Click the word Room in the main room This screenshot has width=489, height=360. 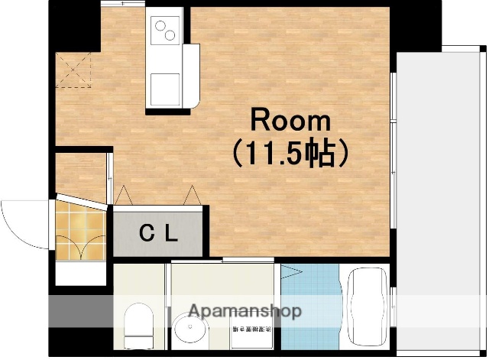[x=291, y=121]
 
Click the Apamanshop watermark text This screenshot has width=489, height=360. [x=244, y=312]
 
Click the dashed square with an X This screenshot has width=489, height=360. [x=73, y=70]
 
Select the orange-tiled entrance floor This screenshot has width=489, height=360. [x=79, y=229]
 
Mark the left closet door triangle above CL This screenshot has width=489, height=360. [x=124, y=196]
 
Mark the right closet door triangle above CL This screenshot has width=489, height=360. [x=193, y=196]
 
